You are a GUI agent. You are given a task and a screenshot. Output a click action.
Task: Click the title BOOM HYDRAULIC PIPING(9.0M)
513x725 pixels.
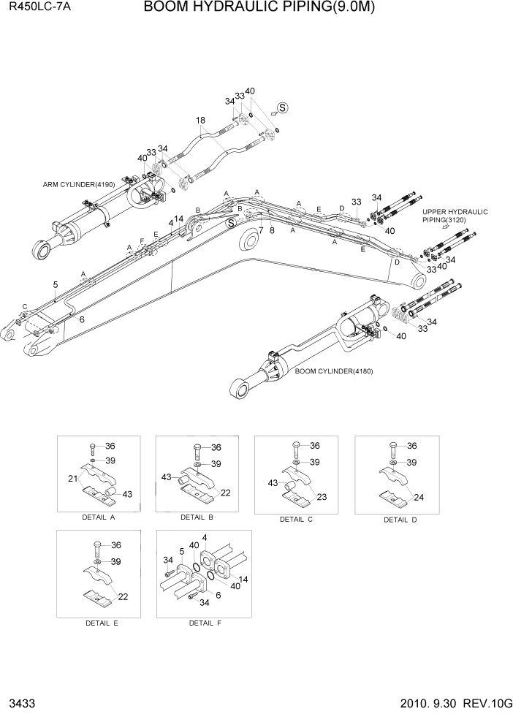[x=264, y=8]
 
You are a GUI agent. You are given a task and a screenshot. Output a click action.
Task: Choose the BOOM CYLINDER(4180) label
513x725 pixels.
[x=334, y=371]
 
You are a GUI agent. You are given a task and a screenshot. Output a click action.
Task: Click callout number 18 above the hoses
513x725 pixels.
[x=200, y=120]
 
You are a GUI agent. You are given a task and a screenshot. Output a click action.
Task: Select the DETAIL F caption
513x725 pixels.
[x=205, y=623]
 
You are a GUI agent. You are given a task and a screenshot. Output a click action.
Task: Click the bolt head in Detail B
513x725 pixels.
[x=198, y=447]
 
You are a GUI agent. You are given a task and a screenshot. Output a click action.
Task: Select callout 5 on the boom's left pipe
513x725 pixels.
[x=55, y=284]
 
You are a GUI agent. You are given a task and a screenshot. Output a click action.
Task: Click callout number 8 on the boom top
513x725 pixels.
[x=272, y=229]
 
